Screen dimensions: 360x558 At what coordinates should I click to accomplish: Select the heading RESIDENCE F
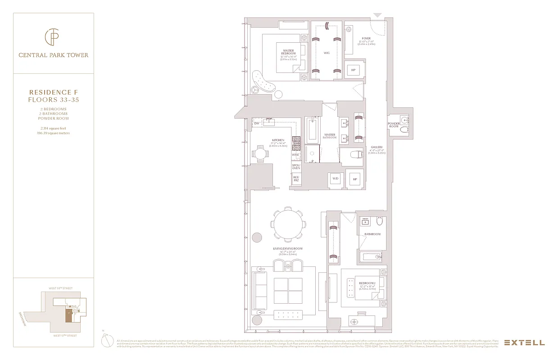coord(53,92)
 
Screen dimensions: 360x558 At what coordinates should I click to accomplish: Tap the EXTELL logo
coord(524,342)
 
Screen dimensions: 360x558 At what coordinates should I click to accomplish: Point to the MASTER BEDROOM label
coord(289,52)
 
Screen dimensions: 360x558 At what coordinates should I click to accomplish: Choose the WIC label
coord(327,53)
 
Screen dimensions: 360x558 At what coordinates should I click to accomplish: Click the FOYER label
coord(366,39)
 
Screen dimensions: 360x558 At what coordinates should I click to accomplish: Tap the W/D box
coord(335,179)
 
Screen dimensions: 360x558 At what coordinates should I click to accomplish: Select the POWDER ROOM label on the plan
coord(394,125)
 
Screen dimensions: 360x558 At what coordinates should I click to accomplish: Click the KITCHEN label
coord(278,140)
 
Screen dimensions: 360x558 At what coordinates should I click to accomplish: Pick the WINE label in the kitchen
coord(295,155)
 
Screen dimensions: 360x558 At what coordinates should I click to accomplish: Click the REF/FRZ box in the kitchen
coord(296,179)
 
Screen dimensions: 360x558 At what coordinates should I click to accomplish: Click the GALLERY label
coord(377,147)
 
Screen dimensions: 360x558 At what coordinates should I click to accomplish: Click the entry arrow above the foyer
coord(377,15)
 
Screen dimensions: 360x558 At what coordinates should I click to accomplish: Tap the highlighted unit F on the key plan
coord(68,315)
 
